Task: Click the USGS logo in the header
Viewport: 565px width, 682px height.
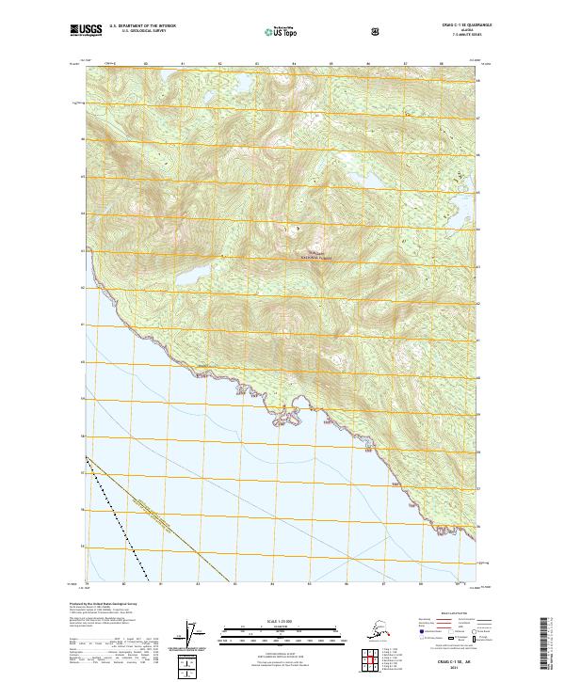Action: pyautogui.click(x=86, y=31)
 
